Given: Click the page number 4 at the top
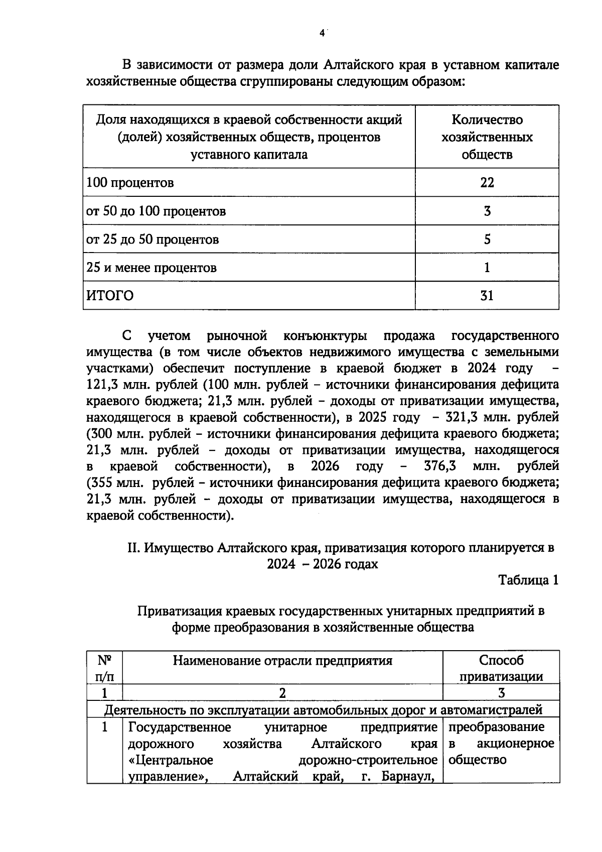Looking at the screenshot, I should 322,34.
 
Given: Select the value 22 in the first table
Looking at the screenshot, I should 487,182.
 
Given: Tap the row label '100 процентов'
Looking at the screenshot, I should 130,182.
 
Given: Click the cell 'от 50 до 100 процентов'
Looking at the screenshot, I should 156,211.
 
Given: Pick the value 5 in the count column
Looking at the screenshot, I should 487,239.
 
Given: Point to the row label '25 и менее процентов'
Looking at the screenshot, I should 152,267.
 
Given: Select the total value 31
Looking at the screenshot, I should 487,295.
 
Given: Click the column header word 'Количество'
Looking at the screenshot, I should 487,119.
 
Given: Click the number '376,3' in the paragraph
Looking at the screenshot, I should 440,466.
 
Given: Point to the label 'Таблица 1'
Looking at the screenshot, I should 528,580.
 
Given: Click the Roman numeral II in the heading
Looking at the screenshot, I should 133,548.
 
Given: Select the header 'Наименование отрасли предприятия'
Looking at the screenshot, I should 282,660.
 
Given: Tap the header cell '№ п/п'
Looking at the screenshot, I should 104,668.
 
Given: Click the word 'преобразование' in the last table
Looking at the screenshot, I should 496,727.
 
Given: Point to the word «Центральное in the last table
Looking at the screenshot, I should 171,760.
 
